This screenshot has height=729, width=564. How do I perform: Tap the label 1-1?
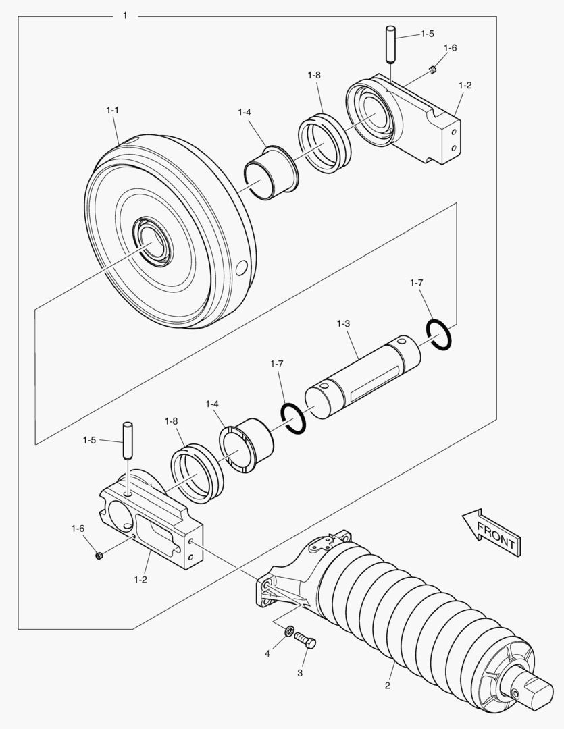coord(113,109)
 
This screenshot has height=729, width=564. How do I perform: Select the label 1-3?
coord(342,324)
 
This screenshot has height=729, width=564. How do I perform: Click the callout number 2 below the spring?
coord(387,686)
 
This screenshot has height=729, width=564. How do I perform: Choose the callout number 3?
coord(301,673)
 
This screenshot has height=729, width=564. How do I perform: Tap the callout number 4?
coord(267,653)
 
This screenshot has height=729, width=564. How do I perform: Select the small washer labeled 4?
coord(289,631)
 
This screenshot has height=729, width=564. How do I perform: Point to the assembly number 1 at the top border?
coord(124,15)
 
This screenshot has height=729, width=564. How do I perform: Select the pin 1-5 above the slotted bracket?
coord(126,441)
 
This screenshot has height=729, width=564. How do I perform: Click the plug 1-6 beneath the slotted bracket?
coord(98,556)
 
